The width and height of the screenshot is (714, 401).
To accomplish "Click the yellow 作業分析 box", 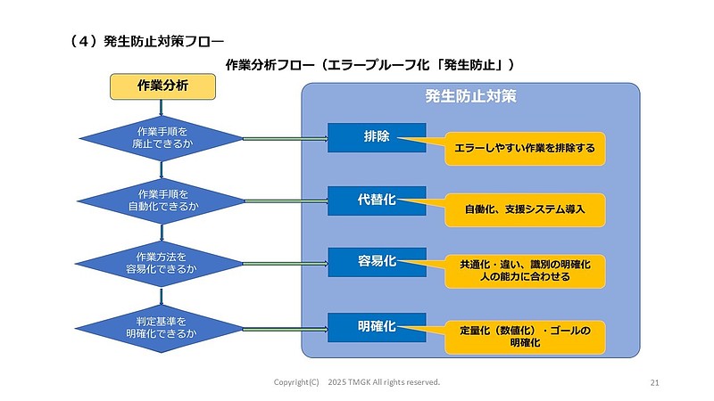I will pyautogui.click(x=162, y=86).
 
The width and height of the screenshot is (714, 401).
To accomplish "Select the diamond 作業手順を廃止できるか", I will pyautogui.click(x=162, y=138).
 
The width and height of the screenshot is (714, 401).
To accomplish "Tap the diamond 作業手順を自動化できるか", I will pyautogui.click(x=162, y=200).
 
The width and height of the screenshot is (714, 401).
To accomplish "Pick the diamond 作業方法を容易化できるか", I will pyautogui.click(x=162, y=262).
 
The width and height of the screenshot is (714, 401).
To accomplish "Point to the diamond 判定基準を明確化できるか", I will pyautogui.click(x=162, y=327).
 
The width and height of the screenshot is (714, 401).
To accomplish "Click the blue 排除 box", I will pyautogui.click(x=376, y=137).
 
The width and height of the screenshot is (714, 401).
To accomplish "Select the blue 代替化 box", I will pyautogui.click(x=376, y=200).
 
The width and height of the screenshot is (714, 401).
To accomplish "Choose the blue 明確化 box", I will pyautogui.click(x=376, y=327).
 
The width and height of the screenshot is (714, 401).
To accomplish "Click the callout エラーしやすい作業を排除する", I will pyautogui.click(x=525, y=148).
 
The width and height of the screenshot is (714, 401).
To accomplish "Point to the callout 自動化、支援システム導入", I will pyautogui.click(x=525, y=209).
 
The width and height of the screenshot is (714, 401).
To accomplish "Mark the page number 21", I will pyautogui.click(x=654, y=382).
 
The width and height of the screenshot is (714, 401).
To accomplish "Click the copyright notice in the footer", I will pyautogui.click(x=356, y=382).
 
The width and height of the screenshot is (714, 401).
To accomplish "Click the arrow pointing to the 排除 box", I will pyautogui.click(x=286, y=138).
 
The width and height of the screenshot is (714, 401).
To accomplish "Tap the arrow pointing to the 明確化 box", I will pyautogui.click(x=286, y=327).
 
